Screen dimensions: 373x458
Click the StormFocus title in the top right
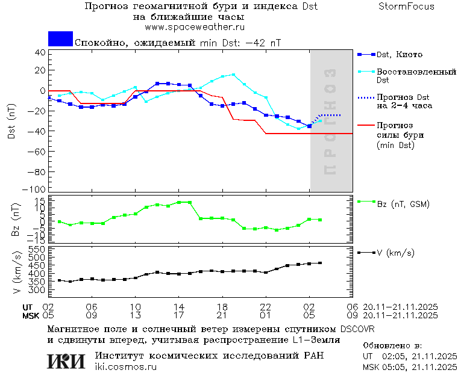(x=406, y=7)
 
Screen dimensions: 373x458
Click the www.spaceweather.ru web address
(x=194, y=27)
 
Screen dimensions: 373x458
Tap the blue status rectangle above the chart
(x=60, y=39)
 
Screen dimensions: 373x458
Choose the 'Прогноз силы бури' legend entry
(x=398, y=135)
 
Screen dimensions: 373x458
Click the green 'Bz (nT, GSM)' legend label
(x=403, y=204)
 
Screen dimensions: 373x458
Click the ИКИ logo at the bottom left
(x=66, y=361)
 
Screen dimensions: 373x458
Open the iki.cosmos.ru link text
(x=125, y=367)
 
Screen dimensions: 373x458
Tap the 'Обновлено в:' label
(x=392, y=346)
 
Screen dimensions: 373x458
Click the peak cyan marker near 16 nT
(x=233, y=75)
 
